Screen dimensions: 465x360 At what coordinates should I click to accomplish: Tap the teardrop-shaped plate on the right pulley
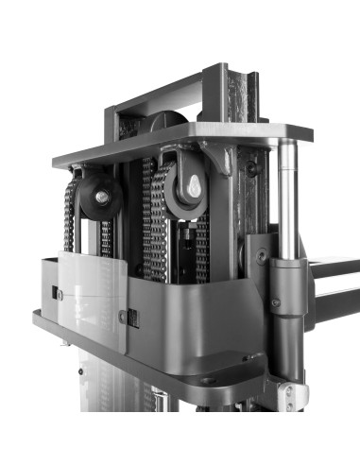192,185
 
